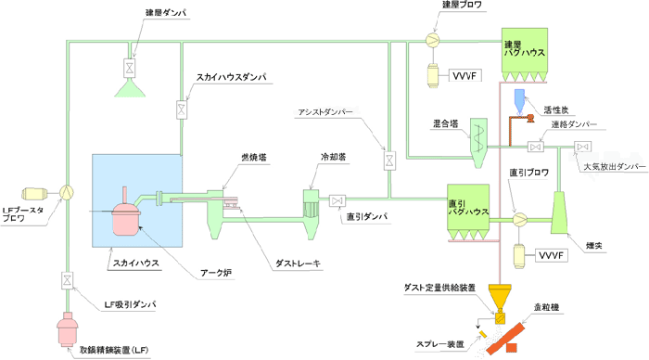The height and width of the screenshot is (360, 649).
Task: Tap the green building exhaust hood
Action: click(129, 88)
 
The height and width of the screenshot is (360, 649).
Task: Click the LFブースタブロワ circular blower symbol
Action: click(67, 192)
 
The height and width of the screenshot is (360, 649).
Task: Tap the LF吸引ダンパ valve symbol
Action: click(67, 278)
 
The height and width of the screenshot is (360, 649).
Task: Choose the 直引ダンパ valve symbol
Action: click(336, 199)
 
